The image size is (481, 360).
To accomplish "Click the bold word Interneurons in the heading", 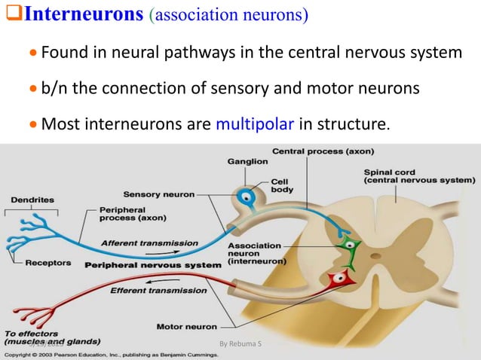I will [x=82, y=16].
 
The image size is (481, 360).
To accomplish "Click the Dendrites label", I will [x=31, y=200].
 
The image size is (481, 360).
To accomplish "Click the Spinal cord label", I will [x=418, y=175].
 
